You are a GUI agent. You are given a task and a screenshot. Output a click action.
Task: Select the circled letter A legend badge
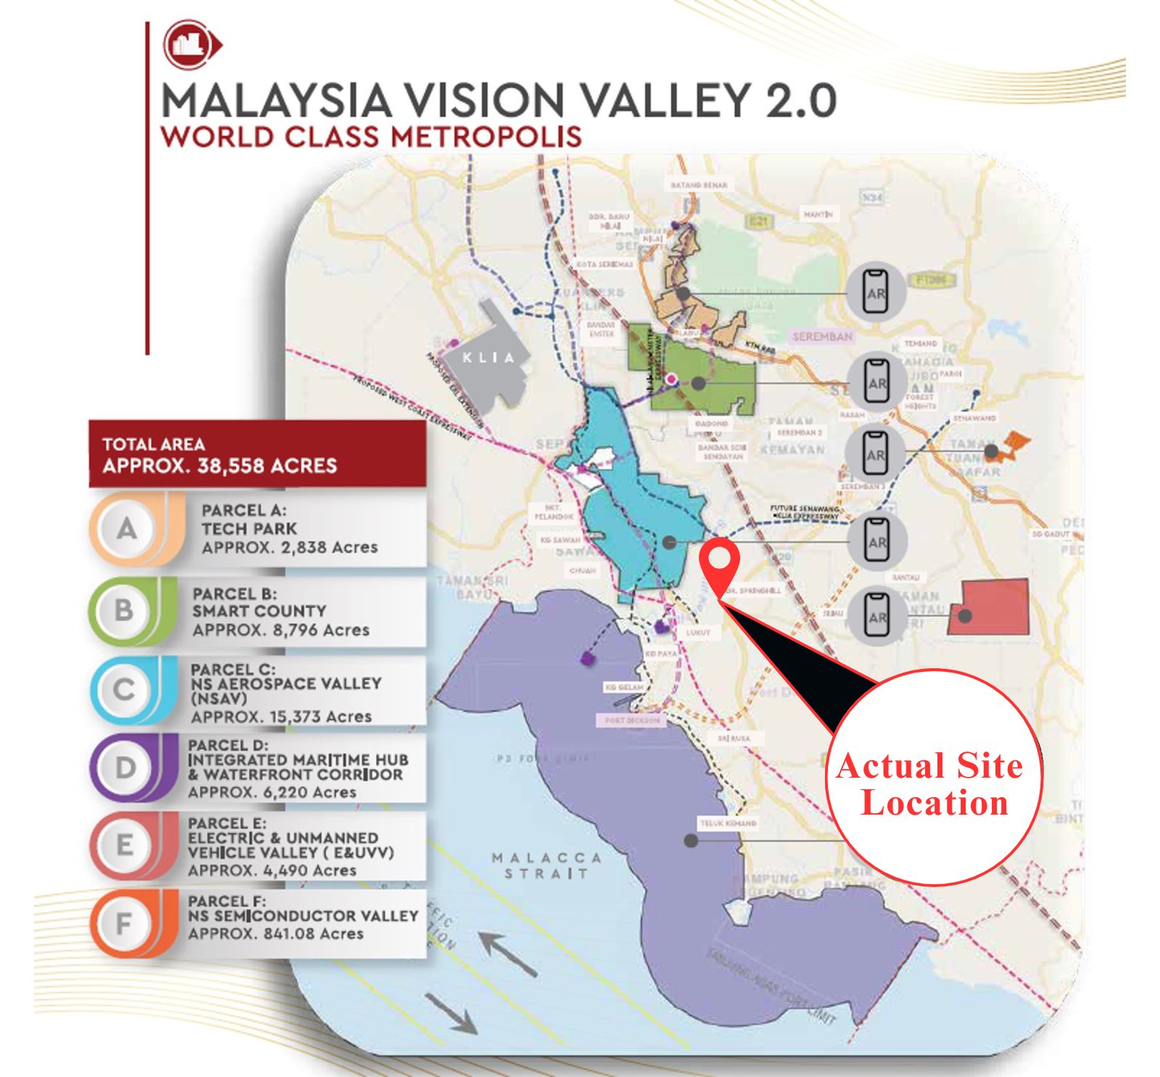127,529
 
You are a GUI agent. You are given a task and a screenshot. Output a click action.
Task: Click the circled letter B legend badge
124,610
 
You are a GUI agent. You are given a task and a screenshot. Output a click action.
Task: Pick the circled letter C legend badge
124,689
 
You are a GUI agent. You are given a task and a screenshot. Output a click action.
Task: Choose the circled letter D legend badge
125,767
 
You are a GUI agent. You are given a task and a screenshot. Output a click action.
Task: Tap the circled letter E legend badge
125,845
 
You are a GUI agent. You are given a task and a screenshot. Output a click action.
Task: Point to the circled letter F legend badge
125,923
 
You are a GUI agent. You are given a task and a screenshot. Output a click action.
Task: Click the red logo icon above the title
191,45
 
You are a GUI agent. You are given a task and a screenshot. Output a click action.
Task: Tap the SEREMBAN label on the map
822,337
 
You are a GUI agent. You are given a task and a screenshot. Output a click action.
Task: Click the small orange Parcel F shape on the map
1013,444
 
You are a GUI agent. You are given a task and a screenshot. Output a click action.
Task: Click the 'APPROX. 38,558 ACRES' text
220,465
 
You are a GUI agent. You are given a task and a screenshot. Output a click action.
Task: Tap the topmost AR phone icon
875,292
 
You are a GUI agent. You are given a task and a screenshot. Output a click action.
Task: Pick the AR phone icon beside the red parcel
877,615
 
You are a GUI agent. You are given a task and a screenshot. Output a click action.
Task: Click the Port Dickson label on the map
631,720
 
